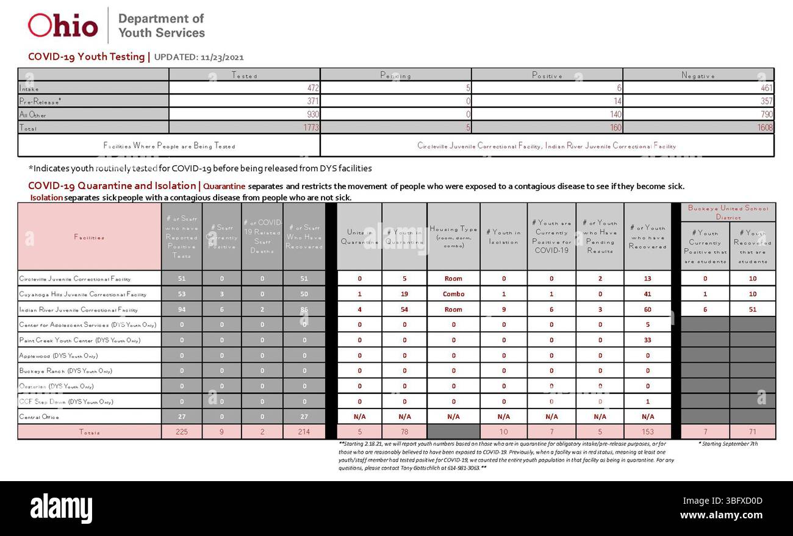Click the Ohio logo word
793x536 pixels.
(x=63, y=26)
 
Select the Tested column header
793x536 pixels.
(x=245, y=76)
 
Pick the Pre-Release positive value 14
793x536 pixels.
(x=615, y=101)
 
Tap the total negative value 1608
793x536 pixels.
(x=765, y=127)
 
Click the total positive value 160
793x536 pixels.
(x=615, y=127)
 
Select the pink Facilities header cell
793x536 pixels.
(x=89, y=237)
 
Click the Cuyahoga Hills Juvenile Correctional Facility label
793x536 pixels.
(x=83, y=294)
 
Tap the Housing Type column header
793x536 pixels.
(x=453, y=237)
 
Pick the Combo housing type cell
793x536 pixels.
(x=453, y=294)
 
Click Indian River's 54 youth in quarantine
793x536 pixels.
(x=404, y=309)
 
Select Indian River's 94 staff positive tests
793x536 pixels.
(x=182, y=309)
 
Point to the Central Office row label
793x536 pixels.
(x=40, y=417)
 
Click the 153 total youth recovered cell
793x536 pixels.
(x=647, y=432)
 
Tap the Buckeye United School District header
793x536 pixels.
(x=728, y=212)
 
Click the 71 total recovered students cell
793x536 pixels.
(x=752, y=432)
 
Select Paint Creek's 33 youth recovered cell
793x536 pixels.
(x=647, y=340)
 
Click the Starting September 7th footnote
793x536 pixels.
(x=728, y=444)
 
